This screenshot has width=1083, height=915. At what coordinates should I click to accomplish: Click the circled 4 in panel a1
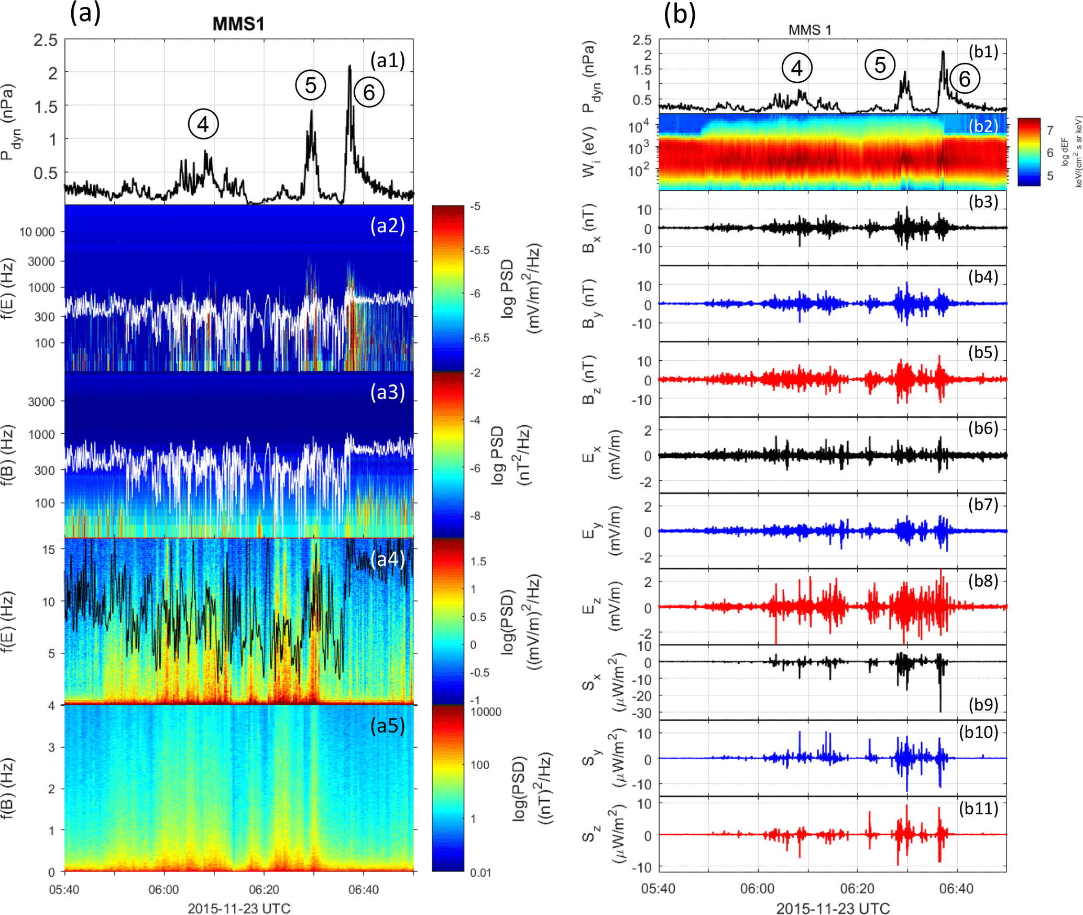pos(203,124)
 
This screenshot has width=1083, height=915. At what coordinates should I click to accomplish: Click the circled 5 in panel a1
pos(310,85)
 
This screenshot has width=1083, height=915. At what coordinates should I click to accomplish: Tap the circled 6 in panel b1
pos(964,79)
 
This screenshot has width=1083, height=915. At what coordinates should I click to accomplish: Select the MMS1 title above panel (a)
pos(238,24)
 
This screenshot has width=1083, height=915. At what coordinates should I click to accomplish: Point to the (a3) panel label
pos(387,392)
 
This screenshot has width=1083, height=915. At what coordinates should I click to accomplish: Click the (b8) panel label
pos(983,580)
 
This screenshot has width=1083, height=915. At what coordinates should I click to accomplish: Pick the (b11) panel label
pos(978,808)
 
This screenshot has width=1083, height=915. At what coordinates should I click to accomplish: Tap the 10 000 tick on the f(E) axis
pos(37,232)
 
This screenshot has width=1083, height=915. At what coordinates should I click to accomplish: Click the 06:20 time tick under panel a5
pos(264,889)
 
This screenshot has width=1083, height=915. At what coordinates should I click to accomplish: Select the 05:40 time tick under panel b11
pos(658,888)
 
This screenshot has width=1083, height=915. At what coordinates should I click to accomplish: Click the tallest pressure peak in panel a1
pos(350,67)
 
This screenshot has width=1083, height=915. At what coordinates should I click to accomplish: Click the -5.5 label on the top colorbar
pos(479,250)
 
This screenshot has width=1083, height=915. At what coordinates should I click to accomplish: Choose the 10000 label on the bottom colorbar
pos(486,712)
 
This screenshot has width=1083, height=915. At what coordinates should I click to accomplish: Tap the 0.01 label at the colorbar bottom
pos(480,873)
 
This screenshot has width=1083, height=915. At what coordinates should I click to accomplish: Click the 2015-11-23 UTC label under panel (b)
pos(833,908)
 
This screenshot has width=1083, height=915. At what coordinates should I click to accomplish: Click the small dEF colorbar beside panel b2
pos(1029,152)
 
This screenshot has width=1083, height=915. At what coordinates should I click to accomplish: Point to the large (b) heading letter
pos(680,14)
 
